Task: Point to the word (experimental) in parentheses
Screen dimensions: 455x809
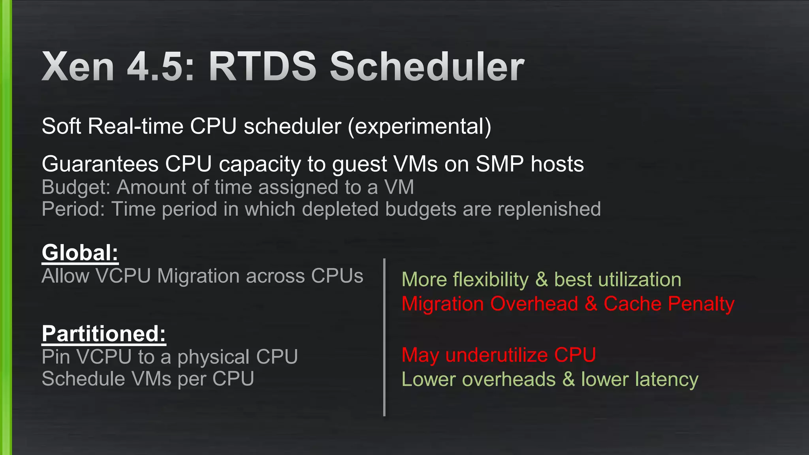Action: [x=419, y=126]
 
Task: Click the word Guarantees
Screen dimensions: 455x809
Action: [x=100, y=164]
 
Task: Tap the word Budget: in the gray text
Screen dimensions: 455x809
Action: [x=75, y=187]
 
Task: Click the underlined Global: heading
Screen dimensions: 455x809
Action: [x=80, y=252]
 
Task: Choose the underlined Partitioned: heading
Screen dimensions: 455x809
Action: [x=103, y=333]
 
